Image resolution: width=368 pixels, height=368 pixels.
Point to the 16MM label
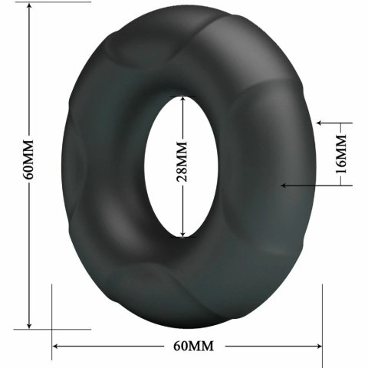pos(341,153)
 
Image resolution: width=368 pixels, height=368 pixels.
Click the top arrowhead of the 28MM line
pos(182,98)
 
